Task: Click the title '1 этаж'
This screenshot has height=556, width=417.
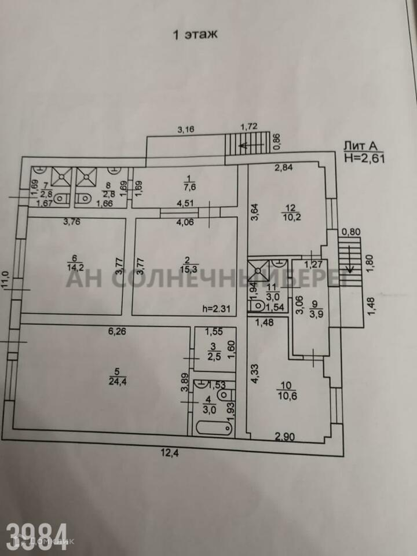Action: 194,34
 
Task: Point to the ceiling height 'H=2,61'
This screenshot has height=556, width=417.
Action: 364,157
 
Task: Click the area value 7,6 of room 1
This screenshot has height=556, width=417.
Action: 188,187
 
